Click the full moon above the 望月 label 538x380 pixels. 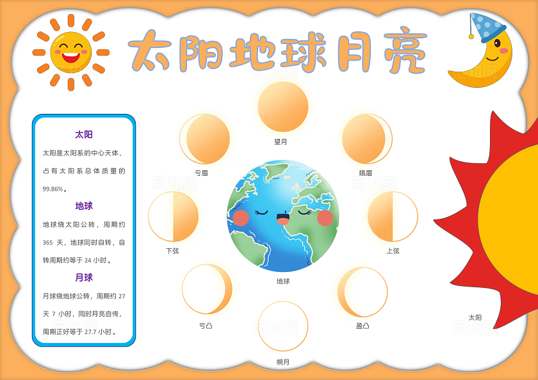coord(283,107)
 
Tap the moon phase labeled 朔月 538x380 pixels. coord(283,326)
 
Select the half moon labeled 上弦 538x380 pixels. coord(393,217)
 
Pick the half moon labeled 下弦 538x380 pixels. coord(173,217)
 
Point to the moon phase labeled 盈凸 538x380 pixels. coord(363,292)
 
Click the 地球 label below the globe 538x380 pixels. coord(283,281)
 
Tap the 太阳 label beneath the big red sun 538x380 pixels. coord(475,317)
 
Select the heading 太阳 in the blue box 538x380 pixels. coord(84,134)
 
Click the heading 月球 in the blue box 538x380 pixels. coord(84,278)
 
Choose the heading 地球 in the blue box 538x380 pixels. coord(84,206)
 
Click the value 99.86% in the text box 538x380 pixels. coord(54,189)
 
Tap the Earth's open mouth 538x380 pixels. coord(283,219)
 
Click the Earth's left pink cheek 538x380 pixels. coord(241,218)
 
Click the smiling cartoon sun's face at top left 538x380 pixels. coord(70,51)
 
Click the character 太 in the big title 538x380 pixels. coord(151,50)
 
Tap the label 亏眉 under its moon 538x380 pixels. coord(201,173)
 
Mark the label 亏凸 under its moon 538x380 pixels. coord(206,326)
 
